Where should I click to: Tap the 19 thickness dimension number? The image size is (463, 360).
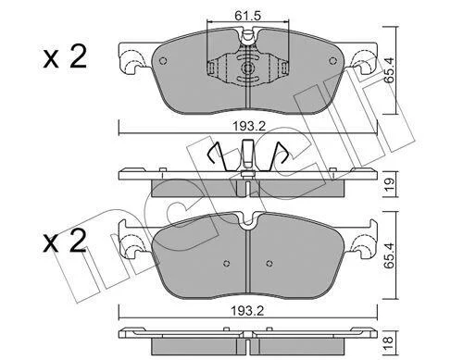390,184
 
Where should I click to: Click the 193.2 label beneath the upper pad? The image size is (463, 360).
249,126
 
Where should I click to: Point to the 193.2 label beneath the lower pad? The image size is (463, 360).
248,311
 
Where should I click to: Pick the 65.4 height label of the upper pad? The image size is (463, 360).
390,70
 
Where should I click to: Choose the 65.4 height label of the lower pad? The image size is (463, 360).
390,255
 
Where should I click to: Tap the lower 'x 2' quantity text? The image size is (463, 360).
65,242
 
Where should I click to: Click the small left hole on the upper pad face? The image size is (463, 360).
163,61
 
